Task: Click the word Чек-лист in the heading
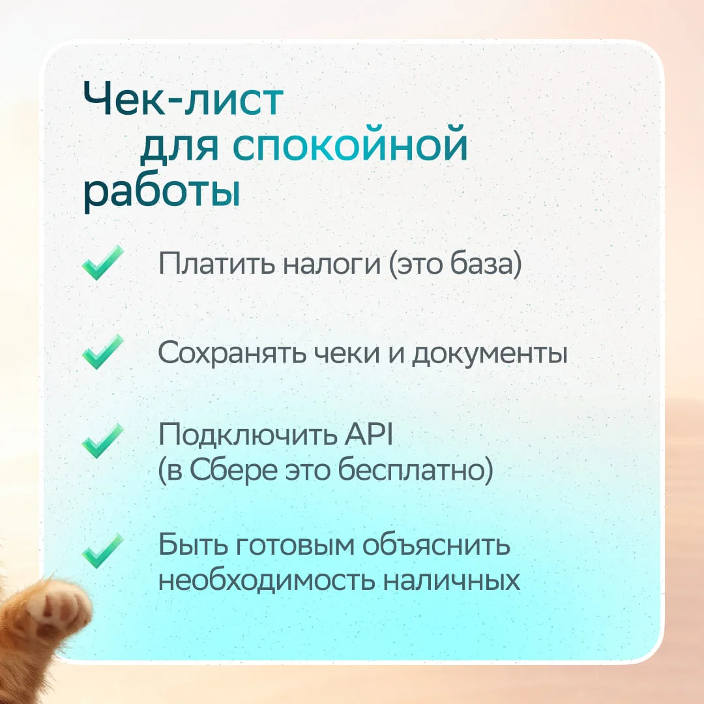pos(183,100)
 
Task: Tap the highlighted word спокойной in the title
pos(350,145)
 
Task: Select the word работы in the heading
pos(162,192)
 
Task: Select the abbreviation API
pos(368,434)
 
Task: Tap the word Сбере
pos(233,471)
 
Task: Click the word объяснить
pos(436,545)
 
